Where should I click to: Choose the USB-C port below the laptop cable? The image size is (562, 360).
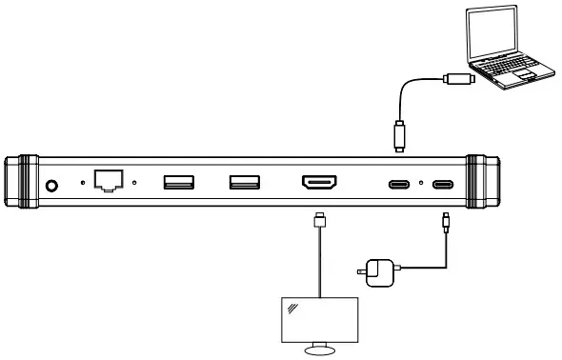[x=397, y=184]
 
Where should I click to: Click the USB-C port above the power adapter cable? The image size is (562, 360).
[x=444, y=184]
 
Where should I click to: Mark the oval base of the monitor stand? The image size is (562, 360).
[x=319, y=350]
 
